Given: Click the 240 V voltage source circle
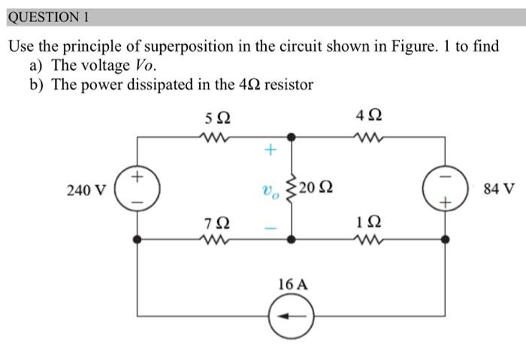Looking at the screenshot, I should coord(137,189).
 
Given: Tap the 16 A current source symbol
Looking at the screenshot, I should coord(292,316).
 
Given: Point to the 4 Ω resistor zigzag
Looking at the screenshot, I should coord(370,137).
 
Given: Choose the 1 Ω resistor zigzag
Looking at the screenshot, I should coord(370,240).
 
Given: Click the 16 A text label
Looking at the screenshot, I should coord(292,284).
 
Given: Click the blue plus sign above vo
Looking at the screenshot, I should coord(270,150).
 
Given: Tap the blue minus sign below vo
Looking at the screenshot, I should coord(270,227).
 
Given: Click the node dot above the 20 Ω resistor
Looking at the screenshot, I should coord(292,137).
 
